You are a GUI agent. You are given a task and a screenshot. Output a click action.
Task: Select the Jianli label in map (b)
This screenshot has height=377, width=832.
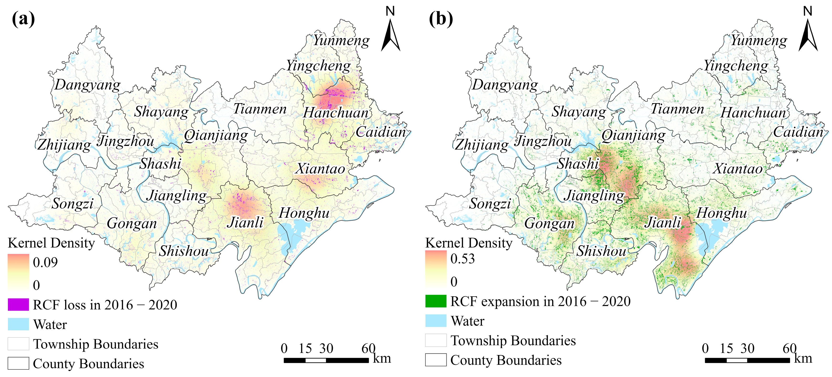pos(663,222)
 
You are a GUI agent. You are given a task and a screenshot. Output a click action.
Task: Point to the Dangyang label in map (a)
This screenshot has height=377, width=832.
pos(87,85)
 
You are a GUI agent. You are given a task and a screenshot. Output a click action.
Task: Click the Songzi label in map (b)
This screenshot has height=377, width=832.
pos(490,204)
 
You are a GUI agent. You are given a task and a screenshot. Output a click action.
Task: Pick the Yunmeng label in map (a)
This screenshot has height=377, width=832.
pos(341,40)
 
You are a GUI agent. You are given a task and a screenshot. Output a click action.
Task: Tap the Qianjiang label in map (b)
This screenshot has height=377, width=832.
pos(633,135)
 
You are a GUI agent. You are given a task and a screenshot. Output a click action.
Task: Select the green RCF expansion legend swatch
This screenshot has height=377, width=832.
pos(436,301)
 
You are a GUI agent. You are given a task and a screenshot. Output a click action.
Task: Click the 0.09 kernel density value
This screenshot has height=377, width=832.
pos(45,262)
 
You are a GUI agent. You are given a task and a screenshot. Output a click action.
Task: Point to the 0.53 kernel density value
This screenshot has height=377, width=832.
pos(462,259)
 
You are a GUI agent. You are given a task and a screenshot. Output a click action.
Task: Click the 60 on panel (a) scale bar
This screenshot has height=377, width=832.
pos(368,349)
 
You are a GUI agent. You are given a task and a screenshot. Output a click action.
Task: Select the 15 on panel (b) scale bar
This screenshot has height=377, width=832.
pos(726,349)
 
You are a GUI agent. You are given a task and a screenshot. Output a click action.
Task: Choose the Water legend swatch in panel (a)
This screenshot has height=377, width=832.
pos(18,324)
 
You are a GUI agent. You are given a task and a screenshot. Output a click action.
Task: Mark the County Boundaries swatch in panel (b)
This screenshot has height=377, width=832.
pos(436,360)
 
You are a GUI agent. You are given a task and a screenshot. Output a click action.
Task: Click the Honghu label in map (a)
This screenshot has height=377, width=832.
pos(304,213)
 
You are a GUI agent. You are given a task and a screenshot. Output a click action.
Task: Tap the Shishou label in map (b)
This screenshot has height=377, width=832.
pos(601,251)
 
